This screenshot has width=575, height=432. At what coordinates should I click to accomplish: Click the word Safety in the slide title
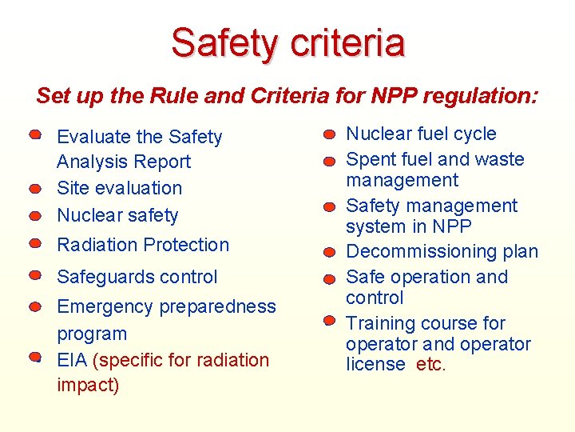(227, 43)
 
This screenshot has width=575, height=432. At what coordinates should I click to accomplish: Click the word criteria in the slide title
(347, 43)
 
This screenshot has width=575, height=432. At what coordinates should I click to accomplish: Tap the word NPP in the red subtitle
(395, 96)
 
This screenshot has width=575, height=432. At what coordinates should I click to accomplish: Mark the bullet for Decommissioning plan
(329, 254)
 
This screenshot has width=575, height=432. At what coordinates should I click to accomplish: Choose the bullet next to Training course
(329, 321)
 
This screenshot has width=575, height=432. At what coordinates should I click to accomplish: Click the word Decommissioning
(418, 252)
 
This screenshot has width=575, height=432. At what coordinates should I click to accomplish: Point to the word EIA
(73, 360)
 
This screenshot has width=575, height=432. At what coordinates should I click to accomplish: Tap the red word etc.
(431, 365)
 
